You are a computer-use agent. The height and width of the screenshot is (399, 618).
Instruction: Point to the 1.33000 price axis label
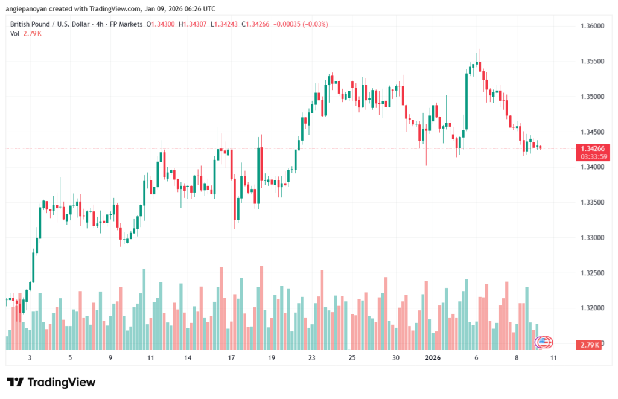pyautogui.click(x=591, y=238)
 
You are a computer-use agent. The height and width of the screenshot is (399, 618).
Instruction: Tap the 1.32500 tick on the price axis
pyautogui.click(x=591, y=273)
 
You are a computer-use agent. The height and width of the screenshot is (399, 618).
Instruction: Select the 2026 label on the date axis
pyautogui.click(x=432, y=357)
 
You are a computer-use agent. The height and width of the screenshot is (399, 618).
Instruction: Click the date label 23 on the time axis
pyautogui.click(x=311, y=357)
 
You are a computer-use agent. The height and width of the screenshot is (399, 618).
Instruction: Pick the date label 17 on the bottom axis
pyautogui.click(x=231, y=357)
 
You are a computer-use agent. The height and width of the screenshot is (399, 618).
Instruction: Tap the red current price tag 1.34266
pyautogui.click(x=591, y=148)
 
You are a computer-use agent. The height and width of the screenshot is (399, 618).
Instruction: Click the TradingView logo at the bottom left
pyautogui.click(x=51, y=382)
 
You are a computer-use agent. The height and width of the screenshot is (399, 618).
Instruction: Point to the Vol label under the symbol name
pyautogui.click(x=15, y=33)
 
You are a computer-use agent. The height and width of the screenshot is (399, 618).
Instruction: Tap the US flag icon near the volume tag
pyautogui.click(x=543, y=342)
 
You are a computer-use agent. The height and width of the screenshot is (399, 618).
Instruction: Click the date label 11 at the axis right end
pyautogui.click(x=553, y=357)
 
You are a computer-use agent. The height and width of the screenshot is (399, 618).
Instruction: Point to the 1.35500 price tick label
pyautogui.click(x=591, y=62)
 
